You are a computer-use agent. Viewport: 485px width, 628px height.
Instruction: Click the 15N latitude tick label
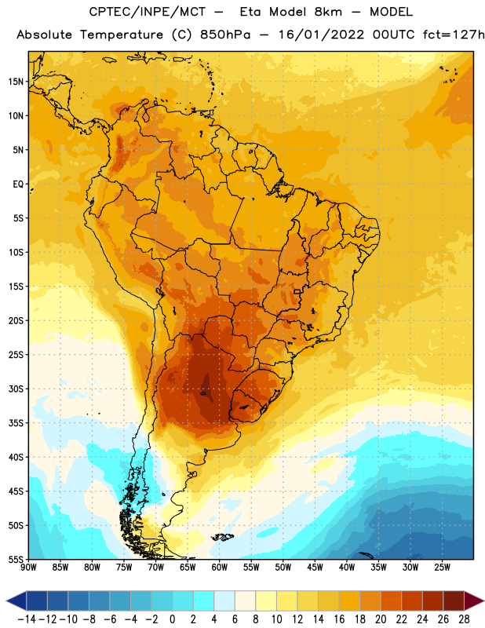[16, 82]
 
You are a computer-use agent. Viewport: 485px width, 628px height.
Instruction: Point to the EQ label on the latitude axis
[18, 184]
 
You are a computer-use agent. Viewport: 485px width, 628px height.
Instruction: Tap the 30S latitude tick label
[16, 389]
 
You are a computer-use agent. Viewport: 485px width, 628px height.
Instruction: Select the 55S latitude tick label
[16, 560]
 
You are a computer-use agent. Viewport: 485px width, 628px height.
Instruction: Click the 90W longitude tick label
[28, 568]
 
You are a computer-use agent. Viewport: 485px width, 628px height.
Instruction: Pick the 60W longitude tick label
[220, 568]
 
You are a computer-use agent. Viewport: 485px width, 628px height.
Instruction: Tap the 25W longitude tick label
[442, 568]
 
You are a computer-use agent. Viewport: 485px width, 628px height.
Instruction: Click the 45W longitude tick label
[315, 568]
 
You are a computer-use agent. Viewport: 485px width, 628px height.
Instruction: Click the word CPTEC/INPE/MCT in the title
[148, 12]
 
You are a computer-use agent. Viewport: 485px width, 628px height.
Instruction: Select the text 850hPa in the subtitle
[225, 35]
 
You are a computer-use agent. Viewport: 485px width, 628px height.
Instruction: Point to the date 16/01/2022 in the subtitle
[321, 35]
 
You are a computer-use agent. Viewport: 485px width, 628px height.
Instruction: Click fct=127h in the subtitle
[454, 35]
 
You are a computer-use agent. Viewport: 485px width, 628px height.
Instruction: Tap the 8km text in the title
[328, 12]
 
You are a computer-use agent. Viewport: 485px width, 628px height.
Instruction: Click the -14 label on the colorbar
[27, 619]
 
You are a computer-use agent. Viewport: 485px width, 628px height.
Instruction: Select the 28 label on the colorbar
[464, 619]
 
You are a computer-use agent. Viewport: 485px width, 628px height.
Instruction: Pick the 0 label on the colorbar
[172, 619]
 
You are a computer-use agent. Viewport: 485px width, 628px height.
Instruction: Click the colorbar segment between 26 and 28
[454, 601]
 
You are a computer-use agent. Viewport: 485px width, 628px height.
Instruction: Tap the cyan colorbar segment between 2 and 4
[203, 601]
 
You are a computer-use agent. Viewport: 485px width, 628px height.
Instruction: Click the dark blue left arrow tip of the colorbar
[7, 601]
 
